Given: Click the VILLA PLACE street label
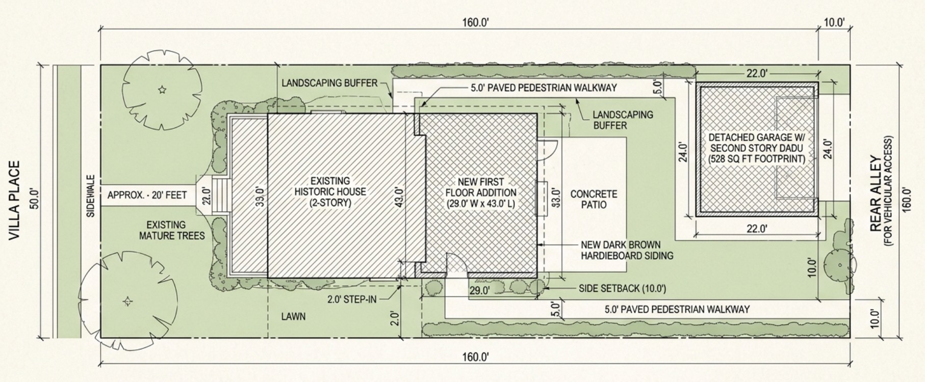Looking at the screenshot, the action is point(15,201).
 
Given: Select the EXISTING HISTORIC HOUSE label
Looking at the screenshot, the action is point(330,192).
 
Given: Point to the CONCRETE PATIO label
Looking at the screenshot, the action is point(594,199).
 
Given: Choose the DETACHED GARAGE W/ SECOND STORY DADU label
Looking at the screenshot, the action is point(756,148).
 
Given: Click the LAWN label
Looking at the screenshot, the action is point(293,316).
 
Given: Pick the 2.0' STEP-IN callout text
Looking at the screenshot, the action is point(352,299).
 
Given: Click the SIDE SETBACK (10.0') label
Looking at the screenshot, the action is point(622,289).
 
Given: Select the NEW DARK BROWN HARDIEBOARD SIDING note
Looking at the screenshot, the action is point(627,250).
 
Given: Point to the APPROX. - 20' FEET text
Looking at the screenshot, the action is point(147,195).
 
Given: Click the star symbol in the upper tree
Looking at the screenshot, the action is point(162,90).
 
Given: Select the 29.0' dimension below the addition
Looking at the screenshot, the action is point(479,291).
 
